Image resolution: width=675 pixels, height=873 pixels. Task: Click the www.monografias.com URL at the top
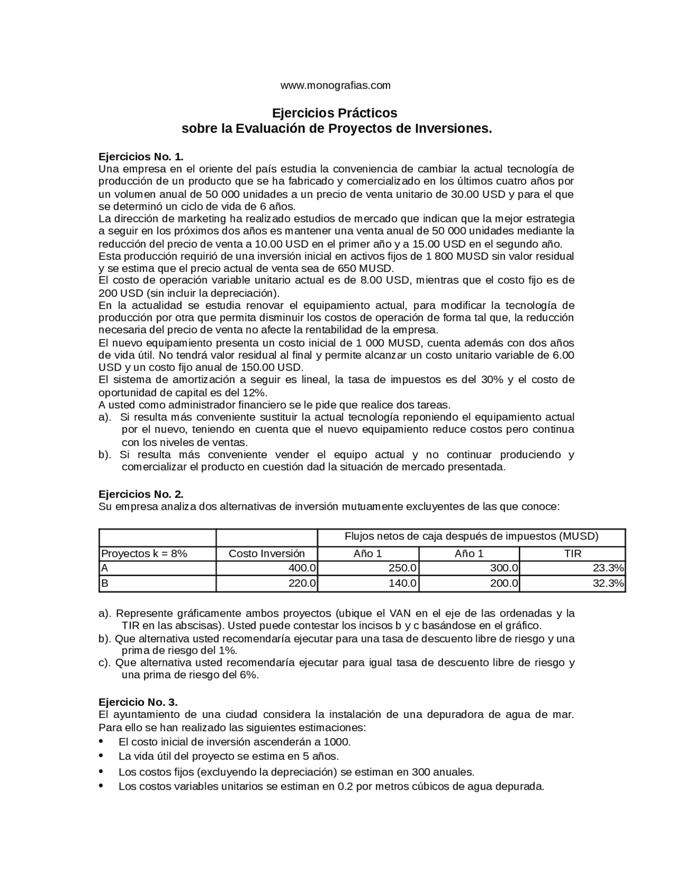coord(335,85)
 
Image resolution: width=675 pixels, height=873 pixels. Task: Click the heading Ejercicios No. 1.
coord(141,157)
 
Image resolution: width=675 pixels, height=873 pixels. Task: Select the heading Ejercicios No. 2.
coord(141,494)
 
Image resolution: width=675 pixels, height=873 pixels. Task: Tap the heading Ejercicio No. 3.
coord(138,702)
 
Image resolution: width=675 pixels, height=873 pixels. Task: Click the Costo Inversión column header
coord(266,554)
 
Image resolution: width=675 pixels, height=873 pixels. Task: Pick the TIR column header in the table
coord(572,554)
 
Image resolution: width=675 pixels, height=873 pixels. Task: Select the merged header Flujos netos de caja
coord(471,537)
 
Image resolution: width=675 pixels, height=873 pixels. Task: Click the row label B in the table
coord(104,584)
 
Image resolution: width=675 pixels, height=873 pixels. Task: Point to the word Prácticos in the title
coord(369,113)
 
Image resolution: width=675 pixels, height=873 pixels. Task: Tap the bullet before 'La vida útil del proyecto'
coord(101,755)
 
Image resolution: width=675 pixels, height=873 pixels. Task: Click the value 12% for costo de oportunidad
coord(255,393)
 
